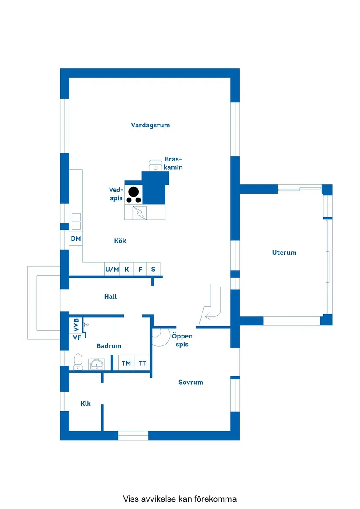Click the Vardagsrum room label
[150, 125]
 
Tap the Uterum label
[284, 253]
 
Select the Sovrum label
[191, 383]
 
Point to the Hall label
[110, 297]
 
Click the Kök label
[120, 241]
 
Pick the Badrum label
[109, 346]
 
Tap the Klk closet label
[86, 403]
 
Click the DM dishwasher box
[76, 239]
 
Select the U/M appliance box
[112, 269]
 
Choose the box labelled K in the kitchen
[127, 269]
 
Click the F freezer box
[140, 269]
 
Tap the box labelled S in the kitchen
[154, 269]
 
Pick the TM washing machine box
[126, 363]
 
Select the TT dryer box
[142, 363]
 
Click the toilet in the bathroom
[78, 362]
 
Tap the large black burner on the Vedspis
[134, 191]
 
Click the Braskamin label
[173, 163]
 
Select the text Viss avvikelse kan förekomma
[180, 499]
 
